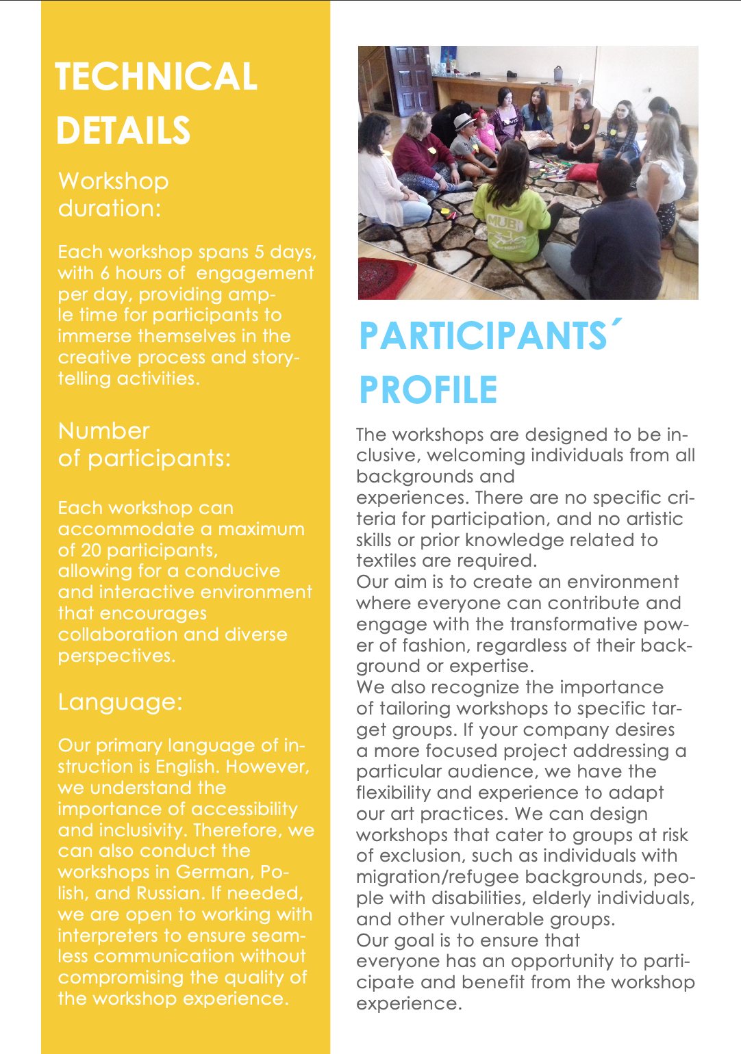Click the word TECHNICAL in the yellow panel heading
pyautogui.click(x=156, y=77)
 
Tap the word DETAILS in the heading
pyautogui.click(x=123, y=131)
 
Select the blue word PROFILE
pyautogui.click(x=428, y=391)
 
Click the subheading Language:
pyautogui.click(x=121, y=702)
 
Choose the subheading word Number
pyautogui.click(x=104, y=431)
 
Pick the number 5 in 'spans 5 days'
pyautogui.click(x=260, y=252)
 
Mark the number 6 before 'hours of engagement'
pyautogui.click(x=105, y=273)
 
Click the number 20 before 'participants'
pyautogui.click(x=91, y=550)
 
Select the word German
pyautogui.click(x=214, y=872)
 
